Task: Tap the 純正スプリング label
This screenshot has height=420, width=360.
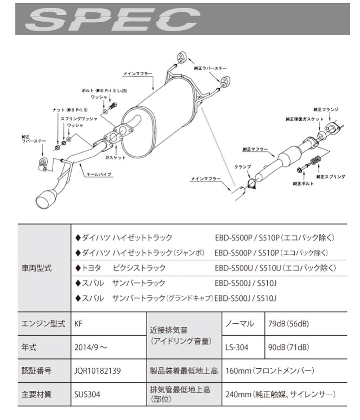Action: point(331,177)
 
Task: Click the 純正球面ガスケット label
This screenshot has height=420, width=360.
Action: point(305,119)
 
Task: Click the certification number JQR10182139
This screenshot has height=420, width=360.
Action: point(98,371)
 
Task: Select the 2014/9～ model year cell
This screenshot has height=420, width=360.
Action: point(90,348)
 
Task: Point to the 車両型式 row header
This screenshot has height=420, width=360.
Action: point(36,268)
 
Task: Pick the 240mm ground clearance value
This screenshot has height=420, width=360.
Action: point(281,395)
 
